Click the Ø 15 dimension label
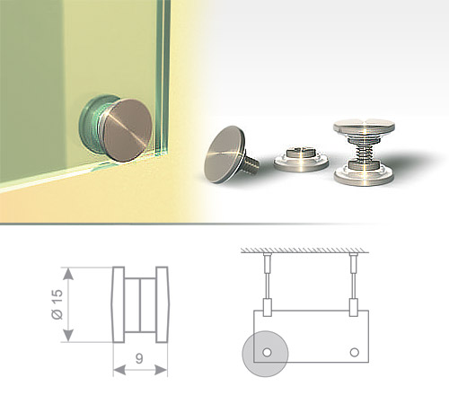pyautogui.click(x=57, y=304)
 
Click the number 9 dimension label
pyautogui.click(x=139, y=358)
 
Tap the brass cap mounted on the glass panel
pyautogui.click(x=127, y=130)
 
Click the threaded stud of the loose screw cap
pyautogui.click(x=251, y=162)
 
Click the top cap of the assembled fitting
pyautogui.click(x=364, y=127)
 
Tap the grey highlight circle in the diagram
pyautogui.click(x=265, y=354)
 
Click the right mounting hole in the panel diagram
pyautogui.click(x=355, y=352)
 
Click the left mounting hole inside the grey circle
pyautogui.click(x=267, y=352)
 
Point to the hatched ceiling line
pyautogui.click(x=304, y=250)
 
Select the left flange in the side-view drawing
pyautogui.click(x=119, y=304)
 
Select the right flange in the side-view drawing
pyautogui.click(x=163, y=304)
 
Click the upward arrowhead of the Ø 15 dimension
pyautogui.click(x=68, y=274)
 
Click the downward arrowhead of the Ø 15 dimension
pyautogui.click(x=68, y=335)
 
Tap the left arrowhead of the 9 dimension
pyautogui.click(x=119, y=370)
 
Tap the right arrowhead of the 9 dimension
pyautogui.click(x=162, y=370)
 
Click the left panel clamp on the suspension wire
pyautogui.click(x=267, y=307)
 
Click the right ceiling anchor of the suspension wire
pyautogui.click(x=354, y=261)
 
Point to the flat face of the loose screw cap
pyautogui.click(x=224, y=153)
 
